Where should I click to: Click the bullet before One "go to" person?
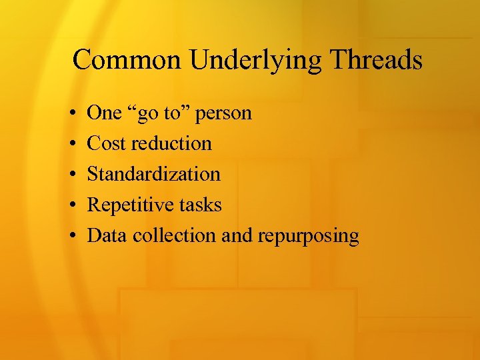coord(71,113)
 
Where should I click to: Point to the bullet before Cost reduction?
coord(71,144)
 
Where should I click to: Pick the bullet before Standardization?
coord(71,175)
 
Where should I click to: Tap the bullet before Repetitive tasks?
coord(71,205)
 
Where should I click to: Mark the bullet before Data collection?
coord(71,236)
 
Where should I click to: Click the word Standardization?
coord(154,175)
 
